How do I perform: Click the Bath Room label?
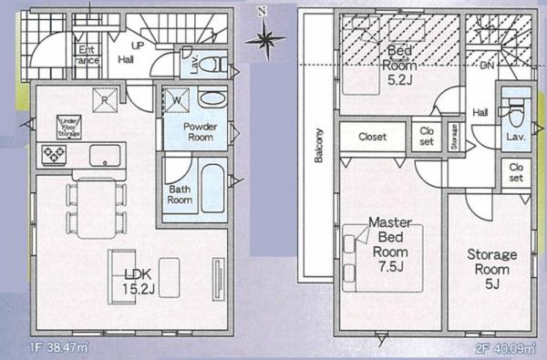pos(179,194)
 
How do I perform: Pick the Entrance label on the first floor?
pos(89,54)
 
